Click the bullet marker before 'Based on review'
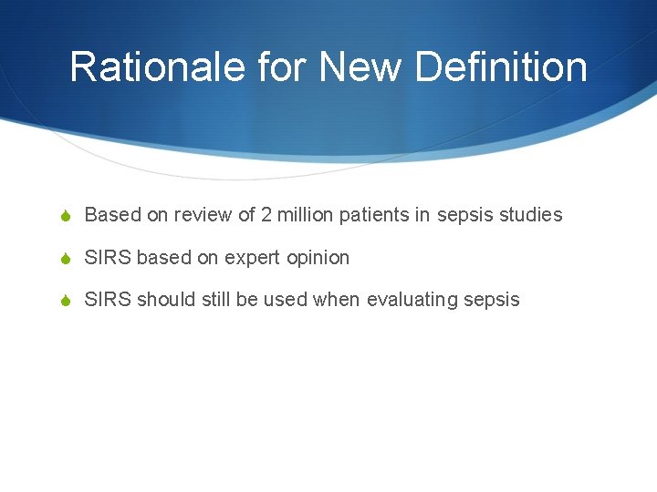[x=65, y=216]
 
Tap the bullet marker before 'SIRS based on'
[x=65, y=259]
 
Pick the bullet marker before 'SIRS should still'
[x=65, y=301]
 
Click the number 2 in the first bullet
[x=266, y=215]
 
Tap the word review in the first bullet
[x=206, y=215]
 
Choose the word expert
[x=253, y=258]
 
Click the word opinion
[x=318, y=258]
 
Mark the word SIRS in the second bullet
[x=108, y=258]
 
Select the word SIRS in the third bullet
[x=108, y=300]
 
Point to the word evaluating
[x=412, y=300]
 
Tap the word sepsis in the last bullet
[x=492, y=300]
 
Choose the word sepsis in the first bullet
[x=464, y=215]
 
